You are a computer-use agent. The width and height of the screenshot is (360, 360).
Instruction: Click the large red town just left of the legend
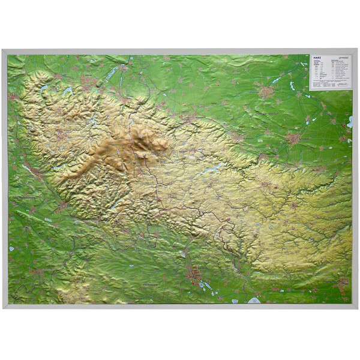(x=266, y=92)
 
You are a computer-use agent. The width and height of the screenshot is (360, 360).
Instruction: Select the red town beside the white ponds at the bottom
(x=193, y=275)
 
